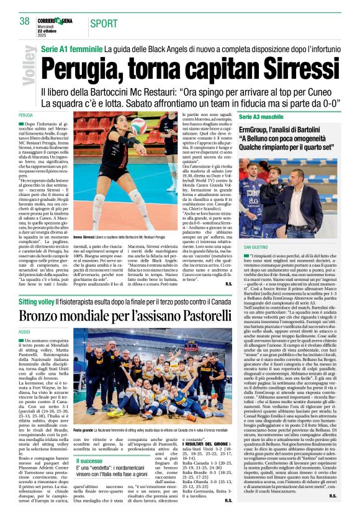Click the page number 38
24,22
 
